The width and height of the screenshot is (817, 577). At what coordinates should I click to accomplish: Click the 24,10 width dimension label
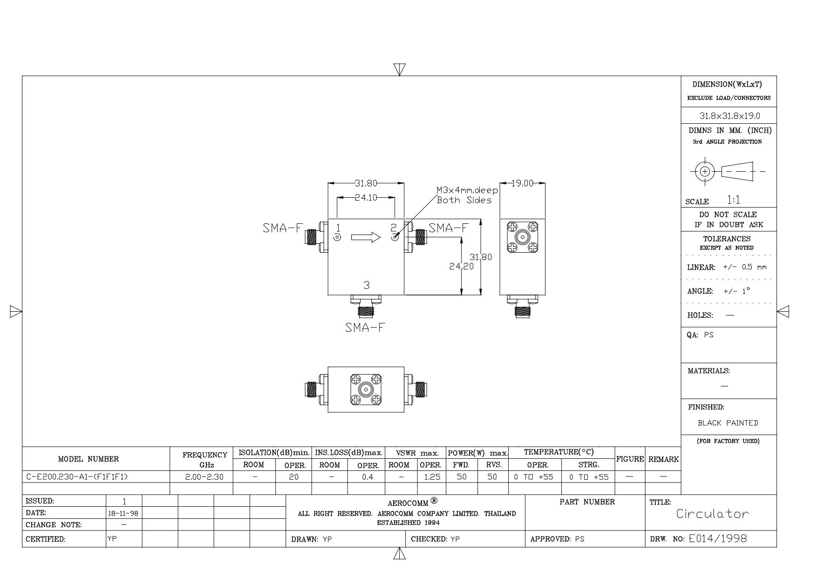(366, 197)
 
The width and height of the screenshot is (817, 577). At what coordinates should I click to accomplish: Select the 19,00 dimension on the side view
(522, 183)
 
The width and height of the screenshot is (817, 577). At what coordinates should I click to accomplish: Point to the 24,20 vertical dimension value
(461, 267)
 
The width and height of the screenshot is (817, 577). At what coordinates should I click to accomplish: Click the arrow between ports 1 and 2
(366, 237)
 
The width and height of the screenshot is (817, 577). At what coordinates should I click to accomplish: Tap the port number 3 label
(367, 285)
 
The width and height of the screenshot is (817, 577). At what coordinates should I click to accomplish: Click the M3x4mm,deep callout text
(467, 190)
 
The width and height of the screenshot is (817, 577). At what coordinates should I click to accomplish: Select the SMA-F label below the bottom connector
(366, 328)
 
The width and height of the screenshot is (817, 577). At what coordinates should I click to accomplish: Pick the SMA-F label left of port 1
(283, 228)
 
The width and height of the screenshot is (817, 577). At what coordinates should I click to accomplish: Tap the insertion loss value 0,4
(368, 477)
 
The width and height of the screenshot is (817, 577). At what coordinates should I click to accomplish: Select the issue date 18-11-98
(123, 513)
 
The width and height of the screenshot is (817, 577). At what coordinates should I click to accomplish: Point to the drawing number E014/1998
(718, 539)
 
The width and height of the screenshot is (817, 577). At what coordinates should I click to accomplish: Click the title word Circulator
(713, 514)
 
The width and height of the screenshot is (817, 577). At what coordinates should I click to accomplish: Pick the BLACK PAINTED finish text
(728, 423)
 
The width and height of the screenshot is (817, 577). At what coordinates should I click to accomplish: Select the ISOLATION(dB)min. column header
(274, 452)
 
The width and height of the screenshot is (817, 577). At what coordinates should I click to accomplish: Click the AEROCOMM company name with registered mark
(413, 503)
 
